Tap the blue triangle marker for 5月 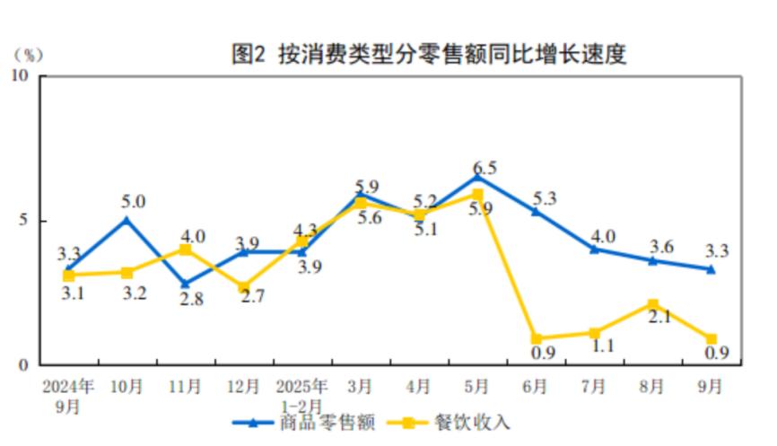pos(477,176)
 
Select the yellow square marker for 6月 pos(536,339)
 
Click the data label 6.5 pos(485,167)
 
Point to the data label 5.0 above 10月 pos(134,202)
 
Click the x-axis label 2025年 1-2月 pos(302,396)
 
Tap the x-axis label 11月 pos(185,387)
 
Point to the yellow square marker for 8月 pos(652,305)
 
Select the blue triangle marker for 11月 pos(185,284)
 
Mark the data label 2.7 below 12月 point pos(242,310)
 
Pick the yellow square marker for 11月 pos(185,249)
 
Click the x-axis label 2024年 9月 pos(69,396)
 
